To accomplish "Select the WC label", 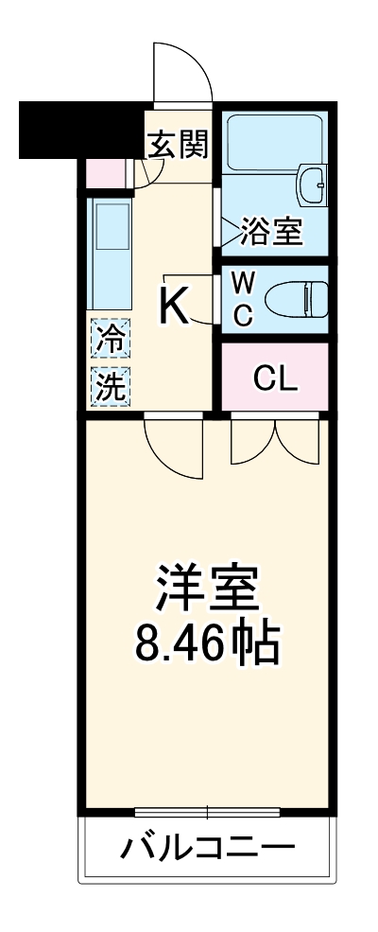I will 243,298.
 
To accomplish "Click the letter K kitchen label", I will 173,306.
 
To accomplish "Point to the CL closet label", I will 275,378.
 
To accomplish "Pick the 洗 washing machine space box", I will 112,386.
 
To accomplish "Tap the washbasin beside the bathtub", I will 311,184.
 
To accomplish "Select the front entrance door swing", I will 182,71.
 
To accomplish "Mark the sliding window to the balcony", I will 207,811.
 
